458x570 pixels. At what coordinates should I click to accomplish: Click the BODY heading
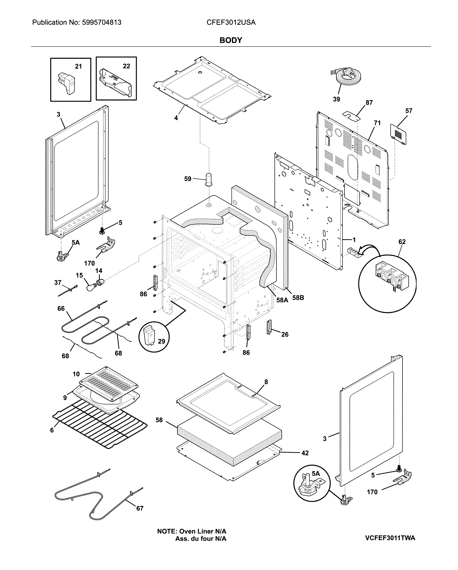pyautogui.click(x=231, y=40)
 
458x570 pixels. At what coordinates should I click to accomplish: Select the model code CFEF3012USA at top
pyautogui.click(x=231, y=23)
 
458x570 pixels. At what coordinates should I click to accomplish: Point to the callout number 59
pyautogui.click(x=188, y=179)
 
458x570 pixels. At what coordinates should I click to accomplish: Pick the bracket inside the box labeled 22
pyautogui.click(x=115, y=83)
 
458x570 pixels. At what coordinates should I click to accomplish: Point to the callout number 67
pyautogui.click(x=140, y=508)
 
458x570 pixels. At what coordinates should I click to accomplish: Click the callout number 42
pyautogui.click(x=305, y=453)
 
